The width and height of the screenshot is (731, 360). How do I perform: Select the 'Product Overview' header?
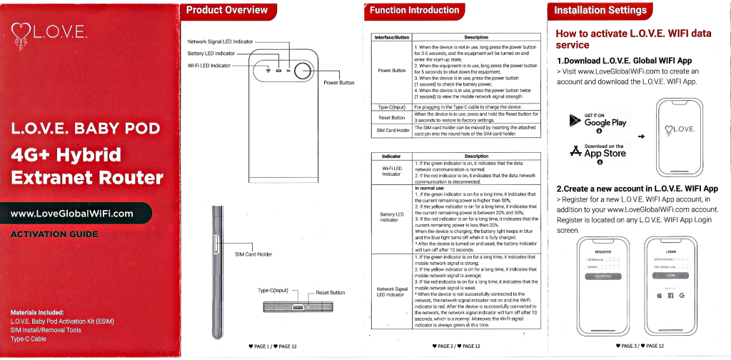pyautogui.click(x=226, y=10)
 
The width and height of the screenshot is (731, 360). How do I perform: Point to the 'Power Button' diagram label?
pyautogui.click(x=339, y=83)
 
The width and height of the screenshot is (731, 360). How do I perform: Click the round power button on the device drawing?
pyautogui.click(x=303, y=70)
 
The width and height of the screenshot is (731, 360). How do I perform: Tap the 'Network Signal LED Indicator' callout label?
pyautogui.click(x=220, y=42)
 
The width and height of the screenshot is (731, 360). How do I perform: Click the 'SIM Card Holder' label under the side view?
pyautogui.click(x=253, y=254)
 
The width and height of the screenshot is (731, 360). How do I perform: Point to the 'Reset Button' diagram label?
pyautogui.click(x=331, y=293)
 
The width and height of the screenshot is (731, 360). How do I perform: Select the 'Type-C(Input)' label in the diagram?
pyautogui.click(x=273, y=291)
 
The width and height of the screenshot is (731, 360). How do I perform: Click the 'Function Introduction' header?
pyautogui.click(x=414, y=10)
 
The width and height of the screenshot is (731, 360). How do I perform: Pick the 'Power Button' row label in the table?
pyautogui.click(x=392, y=71)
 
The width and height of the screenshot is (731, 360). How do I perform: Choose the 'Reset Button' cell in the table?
pyautogui.click(x=392, y=117)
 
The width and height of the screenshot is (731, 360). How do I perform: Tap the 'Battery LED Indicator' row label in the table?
pyautogui.click(x=392, y=216)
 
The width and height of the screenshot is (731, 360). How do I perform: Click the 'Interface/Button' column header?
pyautogui.click(x=392, y=37)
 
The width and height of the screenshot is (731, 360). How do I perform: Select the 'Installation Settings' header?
pyautogui.click(x=600, y=10)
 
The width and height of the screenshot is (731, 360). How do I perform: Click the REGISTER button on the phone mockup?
pyautogui.click(x=603, y=276)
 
